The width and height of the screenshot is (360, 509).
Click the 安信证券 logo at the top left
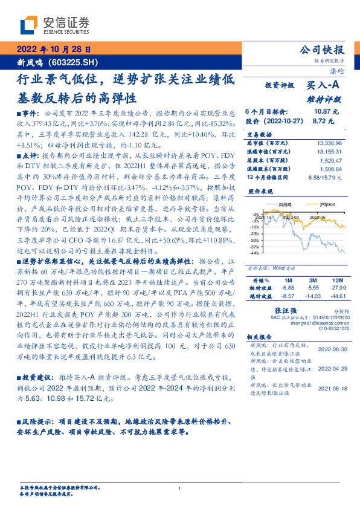(55, 25)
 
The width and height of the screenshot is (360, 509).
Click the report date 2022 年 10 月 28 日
(54, 50)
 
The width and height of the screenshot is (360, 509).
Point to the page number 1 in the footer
(180, 488)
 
